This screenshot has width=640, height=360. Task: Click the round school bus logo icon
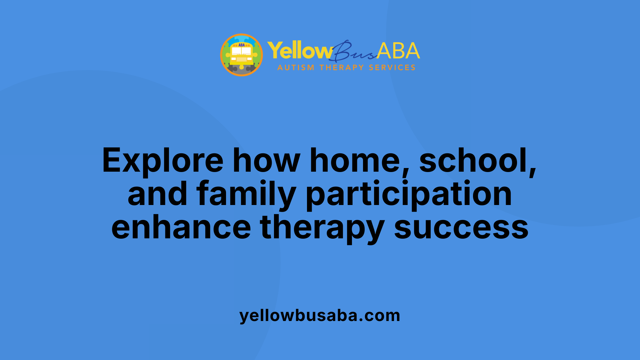tap(241, 55)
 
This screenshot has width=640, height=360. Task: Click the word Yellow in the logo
tap(299, 51)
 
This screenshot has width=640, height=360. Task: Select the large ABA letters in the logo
tap(398, 51)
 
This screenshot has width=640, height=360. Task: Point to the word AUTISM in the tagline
tap(296, 68)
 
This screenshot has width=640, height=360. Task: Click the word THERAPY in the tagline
tap(342, 68)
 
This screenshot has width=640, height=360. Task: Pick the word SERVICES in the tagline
tap(392, 68)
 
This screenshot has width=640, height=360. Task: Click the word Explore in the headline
tap(163, 161)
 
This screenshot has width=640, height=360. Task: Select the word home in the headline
tap(355, 161)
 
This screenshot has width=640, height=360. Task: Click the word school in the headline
tap(477, 161)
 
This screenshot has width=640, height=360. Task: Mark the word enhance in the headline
tap(181, 227)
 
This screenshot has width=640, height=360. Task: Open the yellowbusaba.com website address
tap(320, 315)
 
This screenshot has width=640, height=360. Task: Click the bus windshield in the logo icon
tap(241, 51)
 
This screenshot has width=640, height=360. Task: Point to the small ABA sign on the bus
tap(241, 45)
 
